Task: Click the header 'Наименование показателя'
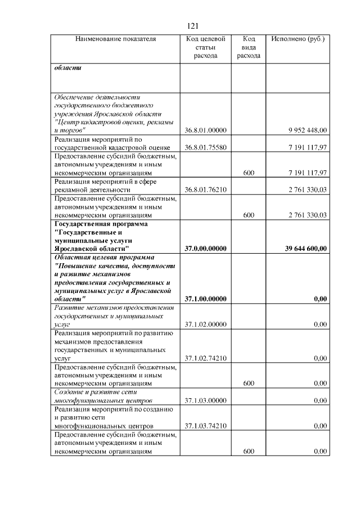pos(115,39)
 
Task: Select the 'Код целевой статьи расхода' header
pos(205,48)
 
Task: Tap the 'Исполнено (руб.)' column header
pos(298,39)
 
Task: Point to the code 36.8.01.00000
pos(205,130)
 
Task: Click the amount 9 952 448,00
pos(307,130)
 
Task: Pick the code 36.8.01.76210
pos(205,190)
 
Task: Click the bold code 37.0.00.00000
pos(205,248)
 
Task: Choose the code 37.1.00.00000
pos(205,299)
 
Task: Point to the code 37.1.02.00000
pos(205,325)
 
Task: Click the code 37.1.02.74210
pos(205,358)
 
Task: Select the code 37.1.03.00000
pos(205,400)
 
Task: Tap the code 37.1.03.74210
pos(205,426)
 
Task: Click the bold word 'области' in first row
pos(67,68)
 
